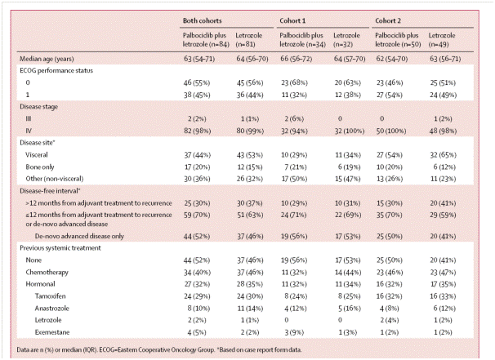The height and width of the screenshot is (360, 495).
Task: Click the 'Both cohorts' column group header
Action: pos(203,21)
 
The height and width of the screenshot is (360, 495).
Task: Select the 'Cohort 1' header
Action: pos(292,21)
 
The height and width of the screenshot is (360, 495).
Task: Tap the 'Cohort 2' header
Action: pos(388,21)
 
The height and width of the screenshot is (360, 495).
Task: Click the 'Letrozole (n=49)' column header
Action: pos(442,40)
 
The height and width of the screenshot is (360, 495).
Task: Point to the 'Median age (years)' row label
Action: pos(47,59)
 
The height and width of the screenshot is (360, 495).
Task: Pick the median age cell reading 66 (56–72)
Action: pos(297,59)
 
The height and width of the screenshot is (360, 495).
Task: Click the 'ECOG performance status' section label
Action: pos(56,71)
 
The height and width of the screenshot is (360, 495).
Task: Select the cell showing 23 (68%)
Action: pos(294,82)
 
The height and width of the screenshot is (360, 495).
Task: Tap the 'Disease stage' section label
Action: pos(39,107)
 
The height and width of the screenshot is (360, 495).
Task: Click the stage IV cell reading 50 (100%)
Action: pos(390,131)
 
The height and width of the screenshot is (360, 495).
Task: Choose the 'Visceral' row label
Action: pos(37,155)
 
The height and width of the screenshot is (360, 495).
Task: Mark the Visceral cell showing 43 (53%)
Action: pos(250,155)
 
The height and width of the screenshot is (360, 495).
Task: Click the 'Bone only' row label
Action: pos(40,167)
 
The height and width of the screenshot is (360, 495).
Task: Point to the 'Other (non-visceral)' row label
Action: pos(55,179)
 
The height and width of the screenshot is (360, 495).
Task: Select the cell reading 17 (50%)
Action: pos(294,179)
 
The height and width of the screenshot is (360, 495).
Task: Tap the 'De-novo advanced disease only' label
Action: pos(79,236)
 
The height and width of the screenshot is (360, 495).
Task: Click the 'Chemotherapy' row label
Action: pos(47,273)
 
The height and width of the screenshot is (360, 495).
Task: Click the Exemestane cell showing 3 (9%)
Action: pos(292,332)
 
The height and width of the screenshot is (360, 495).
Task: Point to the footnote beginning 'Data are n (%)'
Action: pos(159,349)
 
